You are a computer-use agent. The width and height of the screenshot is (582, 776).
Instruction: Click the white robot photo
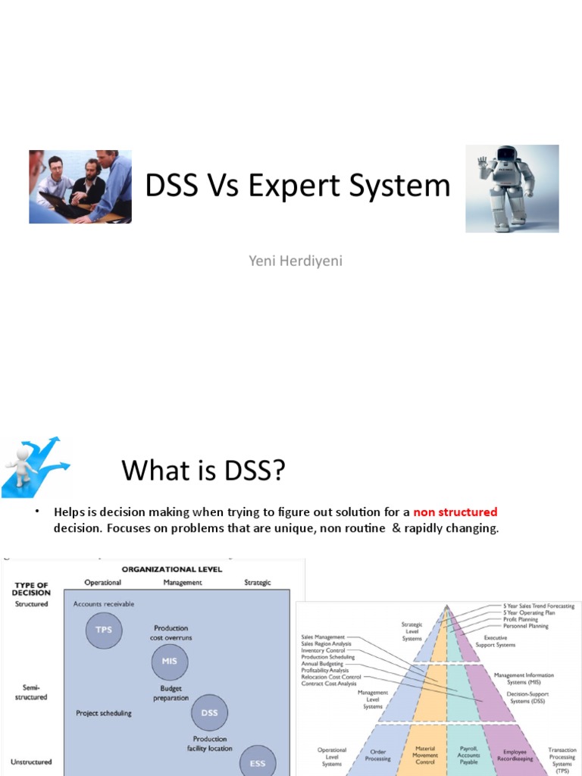click(512, 188)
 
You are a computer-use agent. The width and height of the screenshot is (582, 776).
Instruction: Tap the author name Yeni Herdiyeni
click(291, 261)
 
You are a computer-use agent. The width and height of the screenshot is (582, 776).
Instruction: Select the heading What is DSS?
click(204, 471)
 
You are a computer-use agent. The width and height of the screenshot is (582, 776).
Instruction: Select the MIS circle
click(169, 662)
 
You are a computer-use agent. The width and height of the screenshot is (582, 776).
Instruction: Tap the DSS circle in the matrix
click(208, 713)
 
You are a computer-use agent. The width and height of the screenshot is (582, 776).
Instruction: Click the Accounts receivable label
click(104, 604)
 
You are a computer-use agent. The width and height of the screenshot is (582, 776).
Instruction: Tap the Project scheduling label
click(104, 713)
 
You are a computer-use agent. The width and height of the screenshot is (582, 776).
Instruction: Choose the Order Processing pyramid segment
click(378, 755)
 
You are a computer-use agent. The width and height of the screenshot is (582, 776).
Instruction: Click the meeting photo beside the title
click(80, 186)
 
